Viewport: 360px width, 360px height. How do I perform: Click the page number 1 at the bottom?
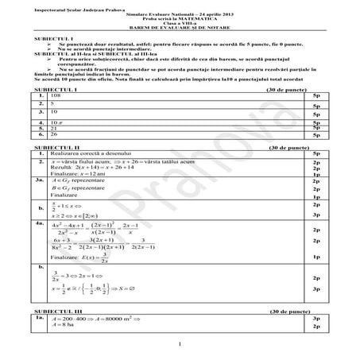tap(180, 343)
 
